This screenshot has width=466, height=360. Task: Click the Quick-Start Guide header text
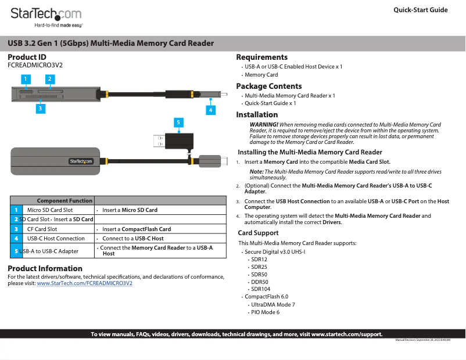[420, 10]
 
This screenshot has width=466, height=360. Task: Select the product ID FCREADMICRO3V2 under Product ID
[35, 65]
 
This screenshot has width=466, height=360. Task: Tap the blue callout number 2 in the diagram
[50, 78]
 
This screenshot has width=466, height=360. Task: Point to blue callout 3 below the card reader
[40, 107]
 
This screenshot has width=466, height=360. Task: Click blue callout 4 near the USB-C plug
[210, 109]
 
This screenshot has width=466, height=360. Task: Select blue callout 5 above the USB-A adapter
[179, 122]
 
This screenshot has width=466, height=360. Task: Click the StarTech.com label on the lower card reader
[81, 161]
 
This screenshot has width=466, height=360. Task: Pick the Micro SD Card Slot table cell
[50, 210]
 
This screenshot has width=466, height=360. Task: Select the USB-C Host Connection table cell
[56, 238]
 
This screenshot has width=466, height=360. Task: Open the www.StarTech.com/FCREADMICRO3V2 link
[84, 283]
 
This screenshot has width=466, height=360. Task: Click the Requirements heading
[261, 57]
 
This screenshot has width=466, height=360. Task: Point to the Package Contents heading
[268, 86]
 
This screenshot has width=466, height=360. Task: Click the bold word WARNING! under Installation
[263, 125]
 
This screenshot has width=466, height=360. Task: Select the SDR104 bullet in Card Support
[260, 289]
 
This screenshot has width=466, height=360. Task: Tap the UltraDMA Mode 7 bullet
[273, 304]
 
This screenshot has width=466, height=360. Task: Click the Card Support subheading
[258, 233]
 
